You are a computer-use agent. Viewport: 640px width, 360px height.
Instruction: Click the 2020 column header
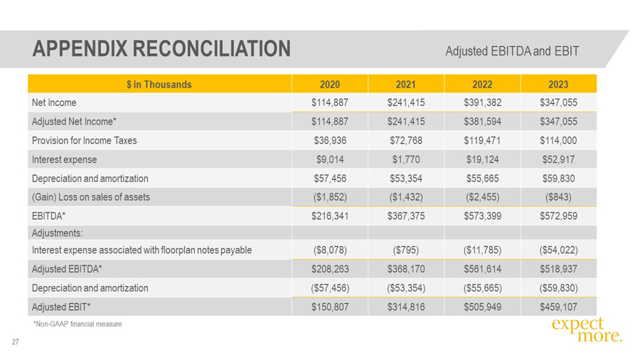coord(329,84)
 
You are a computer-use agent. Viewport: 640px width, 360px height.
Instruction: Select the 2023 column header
coord(558,84)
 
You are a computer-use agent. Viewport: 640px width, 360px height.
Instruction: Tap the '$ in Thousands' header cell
coord(159,84)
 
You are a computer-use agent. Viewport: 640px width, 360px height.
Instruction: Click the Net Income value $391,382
coord(482,102)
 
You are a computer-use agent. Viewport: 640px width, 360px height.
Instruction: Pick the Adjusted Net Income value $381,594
coord(482,122)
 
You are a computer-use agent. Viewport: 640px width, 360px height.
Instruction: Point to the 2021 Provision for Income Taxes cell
coord(405,141)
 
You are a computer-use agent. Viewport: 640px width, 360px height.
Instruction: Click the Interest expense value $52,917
coord(558,159)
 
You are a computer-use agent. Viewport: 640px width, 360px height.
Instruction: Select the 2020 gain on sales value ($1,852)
coord(329,198)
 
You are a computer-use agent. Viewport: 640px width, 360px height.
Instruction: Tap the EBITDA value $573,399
coord(482,216)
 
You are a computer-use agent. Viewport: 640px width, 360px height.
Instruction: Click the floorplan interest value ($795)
coord(405,250)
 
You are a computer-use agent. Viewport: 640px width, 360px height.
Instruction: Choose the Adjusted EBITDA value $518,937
coord(558,269)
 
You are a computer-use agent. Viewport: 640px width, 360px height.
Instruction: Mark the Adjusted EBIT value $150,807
coord(329,307)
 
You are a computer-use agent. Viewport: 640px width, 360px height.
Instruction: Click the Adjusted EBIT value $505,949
coord(482,307)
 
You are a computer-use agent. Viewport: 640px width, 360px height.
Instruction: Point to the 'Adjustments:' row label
coord(58,233)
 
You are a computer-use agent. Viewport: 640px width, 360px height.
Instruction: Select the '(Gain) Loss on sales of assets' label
coord(91,198)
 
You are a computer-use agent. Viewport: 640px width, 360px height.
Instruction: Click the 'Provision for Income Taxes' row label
coord(84,141)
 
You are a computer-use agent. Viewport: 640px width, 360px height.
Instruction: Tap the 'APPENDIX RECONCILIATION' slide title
coord(161,48)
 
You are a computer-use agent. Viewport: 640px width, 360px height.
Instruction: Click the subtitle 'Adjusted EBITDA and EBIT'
coord(512,51)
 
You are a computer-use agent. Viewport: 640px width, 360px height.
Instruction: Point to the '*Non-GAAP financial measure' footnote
coord(78,324)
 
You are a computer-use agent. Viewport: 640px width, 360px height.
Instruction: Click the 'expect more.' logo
coord(586,329)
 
